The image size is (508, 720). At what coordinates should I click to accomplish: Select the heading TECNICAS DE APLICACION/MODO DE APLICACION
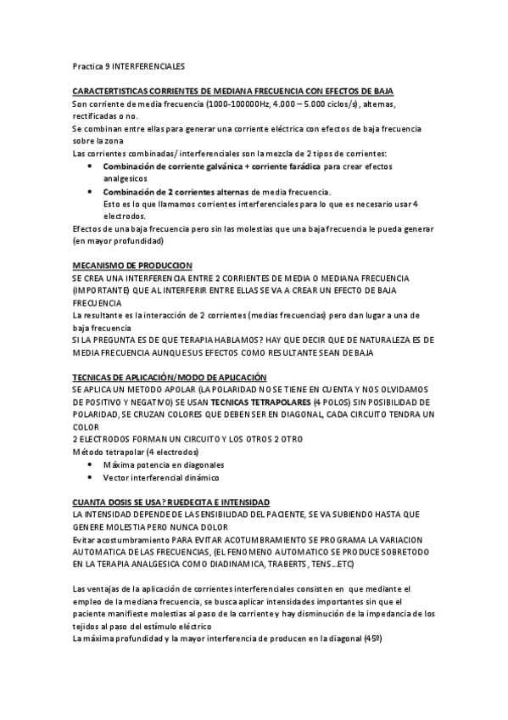[x=170, y=377]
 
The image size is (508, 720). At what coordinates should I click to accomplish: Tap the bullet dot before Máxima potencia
[x=92, y=465]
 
